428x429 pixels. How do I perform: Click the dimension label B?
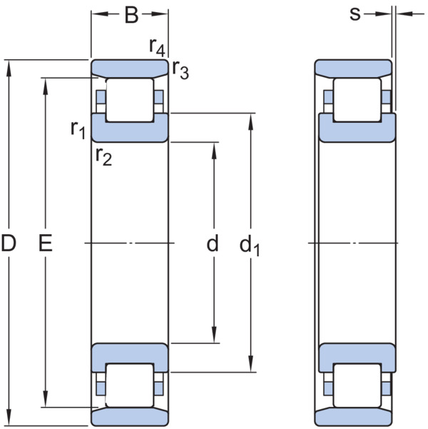click(x=131, y=15)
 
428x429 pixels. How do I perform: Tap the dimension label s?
click(x=355, y=14)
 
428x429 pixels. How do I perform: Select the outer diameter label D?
click(x=9, y=243)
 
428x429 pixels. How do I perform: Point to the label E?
click(x=46, y=243)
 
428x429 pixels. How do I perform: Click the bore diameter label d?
click(x=213, y=243)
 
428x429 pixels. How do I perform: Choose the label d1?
click(x=250, y=246)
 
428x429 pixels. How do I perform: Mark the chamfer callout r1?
click(x=78, y=130)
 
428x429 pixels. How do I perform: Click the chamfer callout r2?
click(x=103, y=156)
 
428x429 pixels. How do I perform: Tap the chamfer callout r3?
click(x=180, y=69)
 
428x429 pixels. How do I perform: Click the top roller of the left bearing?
click(x=130, y=100)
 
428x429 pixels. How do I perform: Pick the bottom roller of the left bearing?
click(x=130, y=385)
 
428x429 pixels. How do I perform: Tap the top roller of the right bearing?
click(x=357, y=100)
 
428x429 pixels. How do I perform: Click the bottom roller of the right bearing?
click(x=357, y=385)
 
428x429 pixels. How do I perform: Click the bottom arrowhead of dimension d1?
click(x=251, y=363)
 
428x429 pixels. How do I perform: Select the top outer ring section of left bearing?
click(x=130, y=68)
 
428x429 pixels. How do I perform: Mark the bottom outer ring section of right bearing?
click(x=353, y=417)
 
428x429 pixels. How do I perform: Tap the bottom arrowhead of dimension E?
click(x=46, y=399)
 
